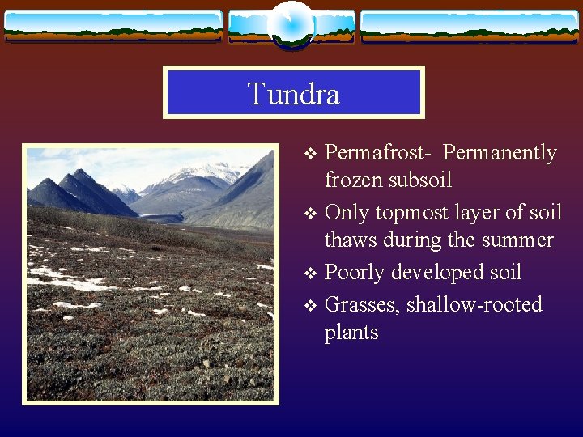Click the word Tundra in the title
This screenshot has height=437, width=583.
pyautogui.click(x=293, y=94)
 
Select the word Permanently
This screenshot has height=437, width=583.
pyautogui.click(x=500, y=153)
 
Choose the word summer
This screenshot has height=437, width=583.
pyautogui.click(x=514, y=240)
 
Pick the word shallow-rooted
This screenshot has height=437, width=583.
pyautogui.click(x=474, y=305)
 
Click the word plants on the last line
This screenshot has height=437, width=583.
pyautogui.click(x=351, y=333)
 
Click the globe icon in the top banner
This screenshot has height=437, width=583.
pyautogui.click(x=291, y=24)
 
